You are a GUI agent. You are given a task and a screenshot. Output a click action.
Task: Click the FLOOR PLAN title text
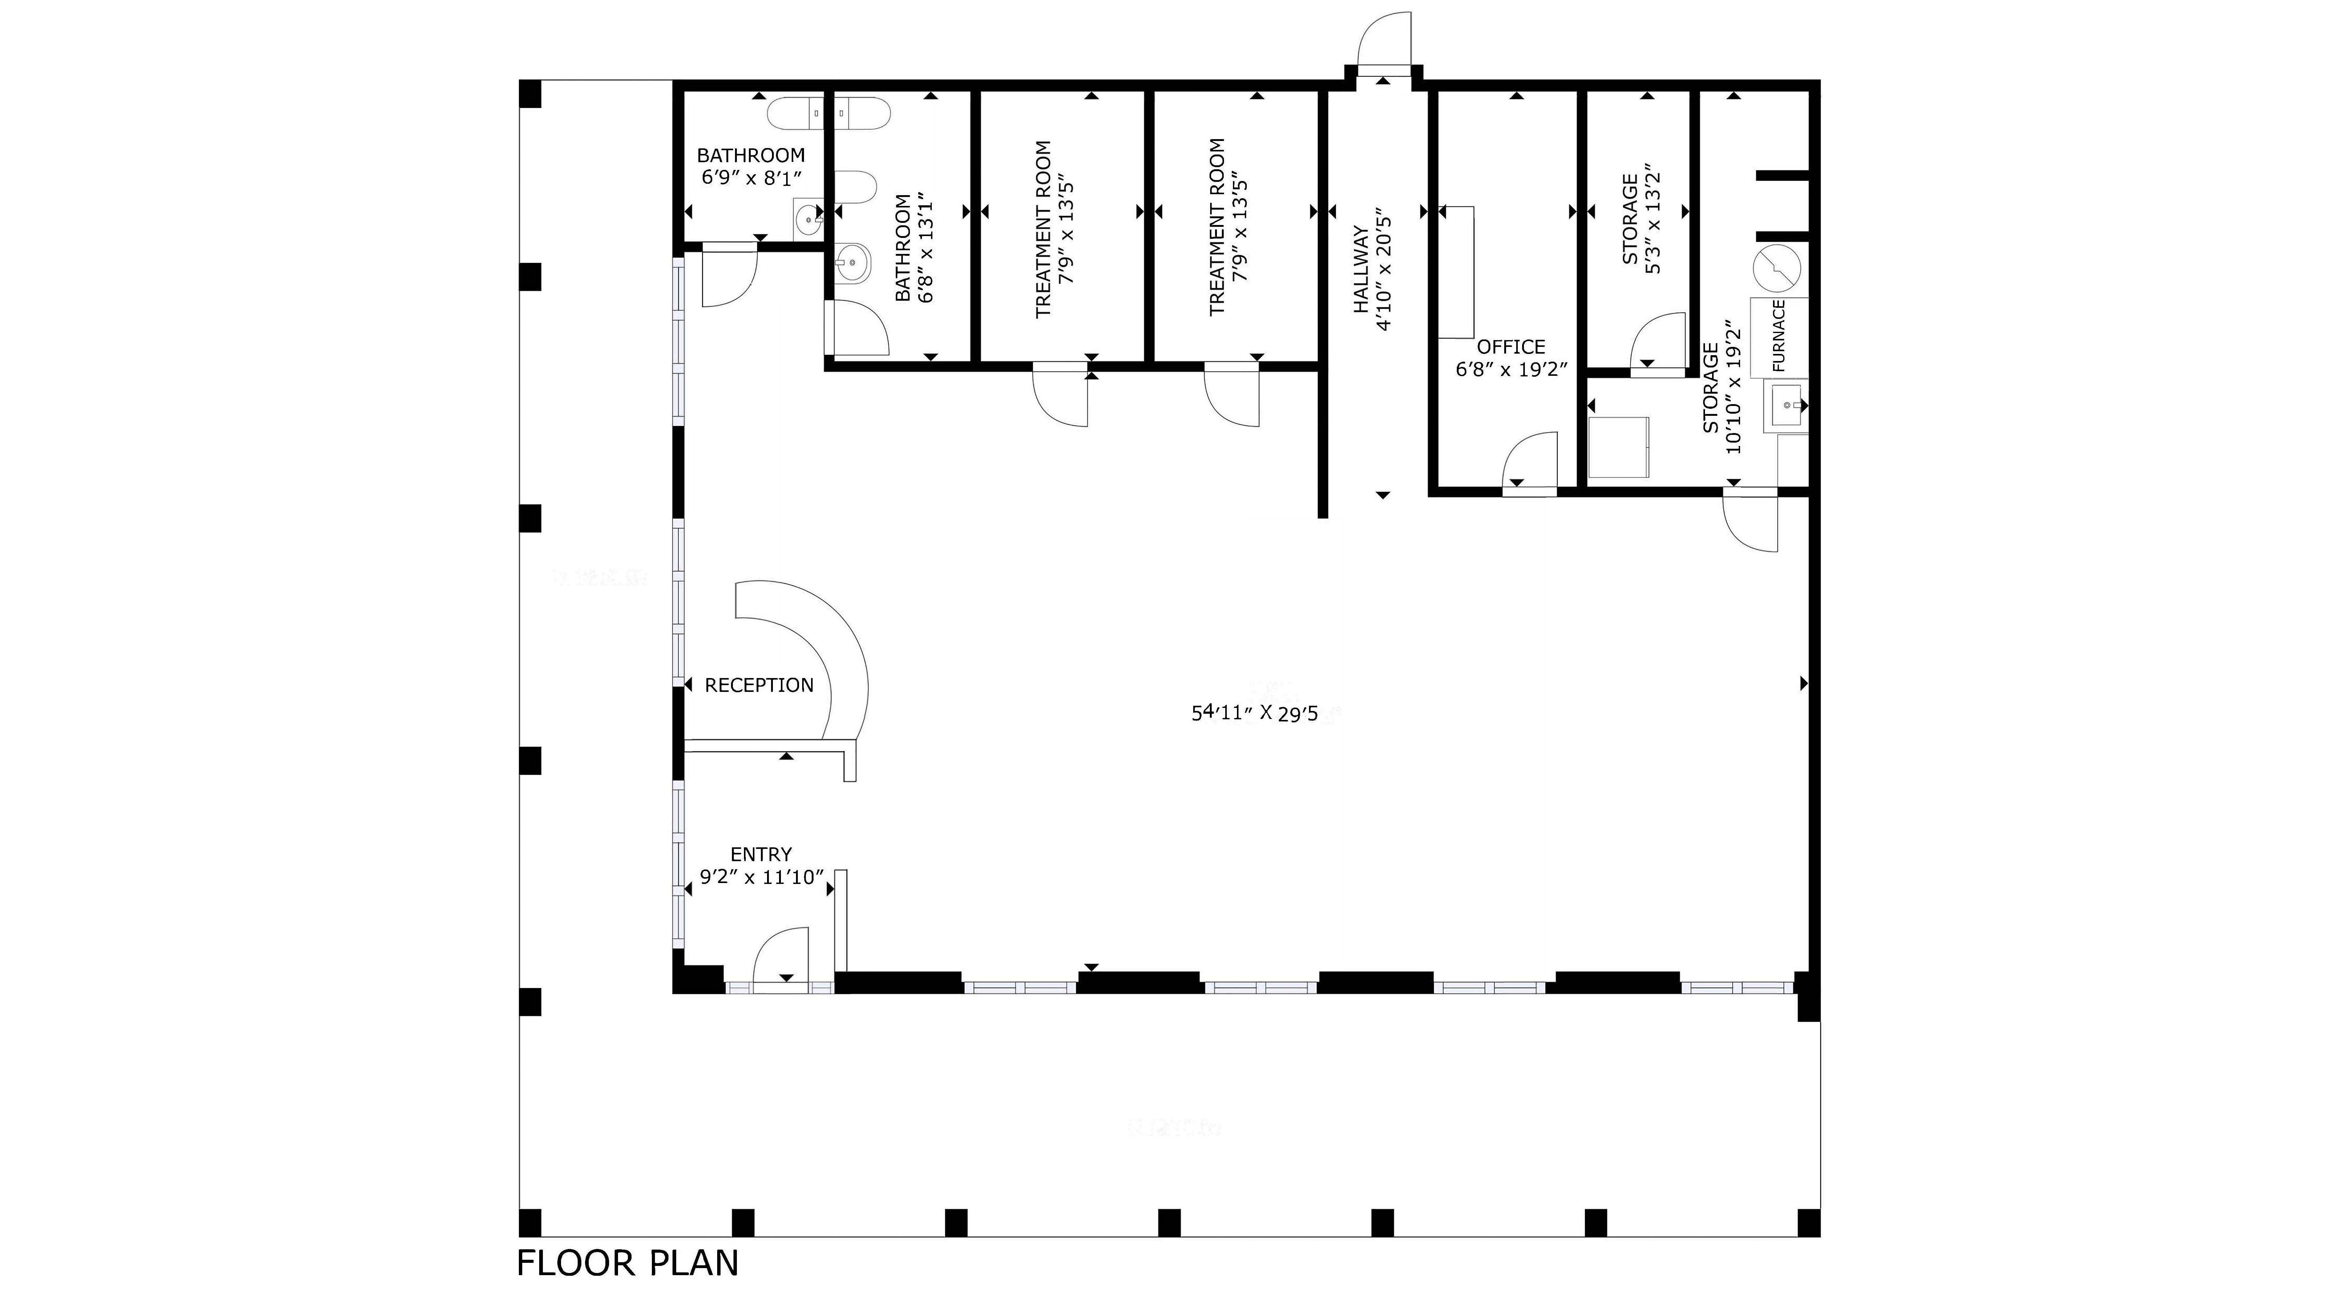point(627,1263)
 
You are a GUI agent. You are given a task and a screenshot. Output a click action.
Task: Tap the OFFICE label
point(1510,347)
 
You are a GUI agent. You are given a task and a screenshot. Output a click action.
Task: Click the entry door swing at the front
point(781,956)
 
